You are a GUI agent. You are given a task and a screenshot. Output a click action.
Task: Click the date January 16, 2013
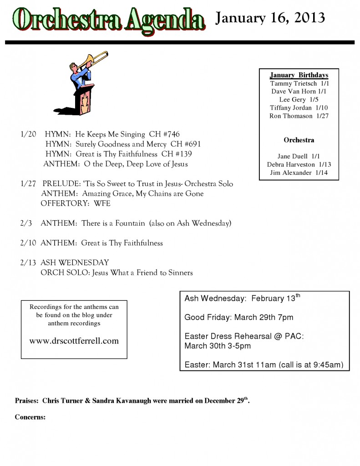point(270,18)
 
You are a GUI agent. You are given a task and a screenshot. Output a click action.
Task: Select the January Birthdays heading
point(299,75)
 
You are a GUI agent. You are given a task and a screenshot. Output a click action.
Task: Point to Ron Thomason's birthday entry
point(299,116)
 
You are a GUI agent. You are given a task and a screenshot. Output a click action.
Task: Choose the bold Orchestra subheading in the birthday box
point(299,140)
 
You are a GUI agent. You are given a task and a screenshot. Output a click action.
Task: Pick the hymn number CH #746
point(164,134)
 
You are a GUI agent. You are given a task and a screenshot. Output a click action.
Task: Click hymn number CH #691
point(185,144)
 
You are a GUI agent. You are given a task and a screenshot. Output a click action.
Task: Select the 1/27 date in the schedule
point(28,184)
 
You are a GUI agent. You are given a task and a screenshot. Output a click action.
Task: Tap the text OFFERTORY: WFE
point(76,203)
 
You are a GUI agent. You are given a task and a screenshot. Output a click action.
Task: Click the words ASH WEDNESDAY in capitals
point(75,263)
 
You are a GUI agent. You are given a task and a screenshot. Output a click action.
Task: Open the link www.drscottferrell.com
point(74,340)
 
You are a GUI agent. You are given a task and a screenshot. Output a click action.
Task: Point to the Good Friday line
point(238,317)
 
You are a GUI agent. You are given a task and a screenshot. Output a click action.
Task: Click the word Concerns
point(30,417)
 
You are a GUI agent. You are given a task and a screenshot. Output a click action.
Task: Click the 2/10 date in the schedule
point(28,243)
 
